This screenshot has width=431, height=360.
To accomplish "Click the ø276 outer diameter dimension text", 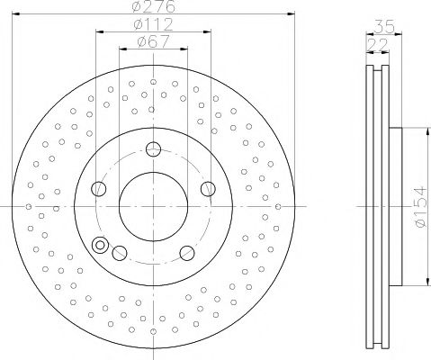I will (152, 6).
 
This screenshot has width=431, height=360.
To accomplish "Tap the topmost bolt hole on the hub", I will (153, 149).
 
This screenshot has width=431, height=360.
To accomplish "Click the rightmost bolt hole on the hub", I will (208, 188).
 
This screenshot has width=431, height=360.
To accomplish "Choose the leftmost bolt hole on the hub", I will (99, 188).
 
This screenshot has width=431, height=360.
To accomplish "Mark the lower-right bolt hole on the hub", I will (186, 253).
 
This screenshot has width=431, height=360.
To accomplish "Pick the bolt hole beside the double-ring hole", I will (121, 253).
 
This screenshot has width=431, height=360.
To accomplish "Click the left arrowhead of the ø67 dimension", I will (121, 47).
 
